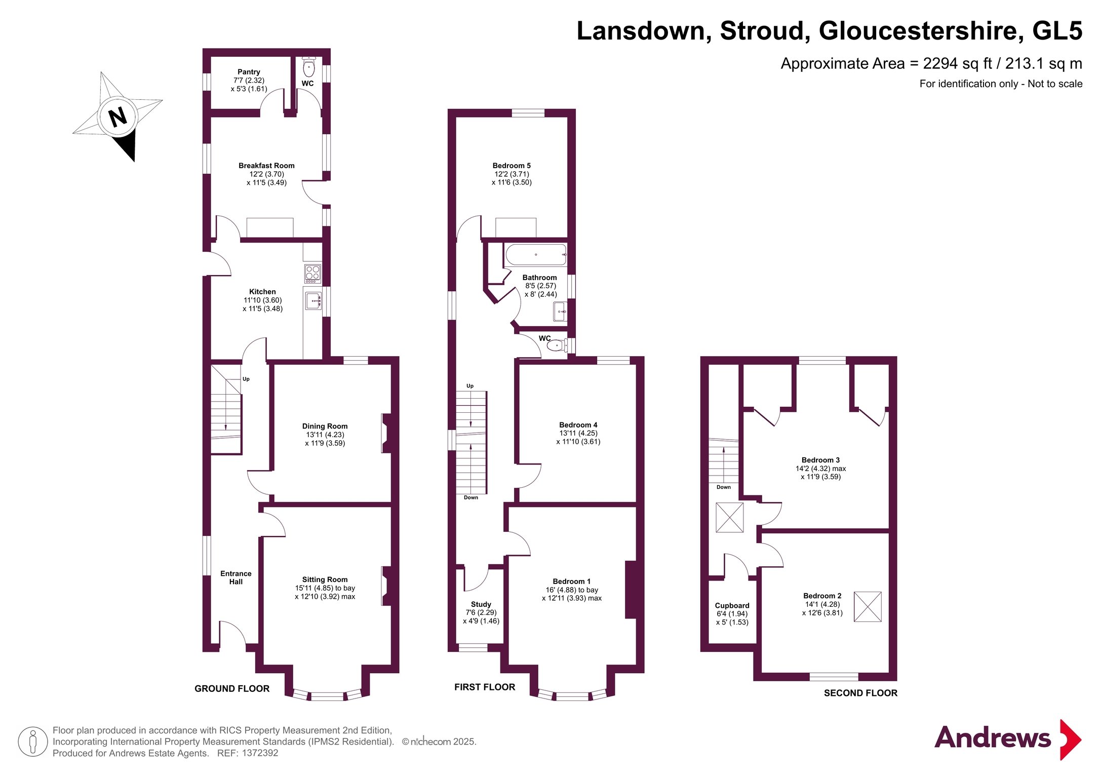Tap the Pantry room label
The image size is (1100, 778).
tap(249, 72)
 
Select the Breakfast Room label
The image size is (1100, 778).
tap(266, 166)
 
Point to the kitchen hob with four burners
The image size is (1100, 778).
tap(312, 274)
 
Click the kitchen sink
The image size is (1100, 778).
tap(313, 301)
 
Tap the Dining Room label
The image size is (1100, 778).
tap(325, 426)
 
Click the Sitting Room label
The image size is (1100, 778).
tap(325, 579)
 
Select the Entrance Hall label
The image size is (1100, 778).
tap(235, 577)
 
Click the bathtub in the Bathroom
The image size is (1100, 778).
tap(536, 255)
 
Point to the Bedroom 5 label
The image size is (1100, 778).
tap(512, 166)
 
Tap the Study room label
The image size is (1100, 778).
tap(481, 604)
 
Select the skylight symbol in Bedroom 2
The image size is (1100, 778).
tap(868, 607)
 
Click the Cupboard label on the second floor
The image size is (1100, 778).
tap(732, 606)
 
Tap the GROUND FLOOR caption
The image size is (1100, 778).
tap(232, 689)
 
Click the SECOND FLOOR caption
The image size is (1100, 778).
tap(860, 693)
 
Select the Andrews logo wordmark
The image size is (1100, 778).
tap(993, 737)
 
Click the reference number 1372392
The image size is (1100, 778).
tap(260, 753)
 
